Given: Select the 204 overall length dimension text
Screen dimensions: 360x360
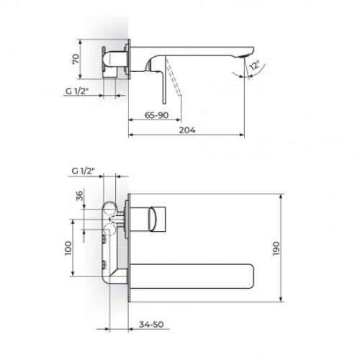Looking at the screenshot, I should tap(187, 130).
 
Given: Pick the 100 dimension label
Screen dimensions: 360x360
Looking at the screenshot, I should tap(69, 248).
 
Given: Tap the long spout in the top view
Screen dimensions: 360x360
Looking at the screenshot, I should tap(194, 274).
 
